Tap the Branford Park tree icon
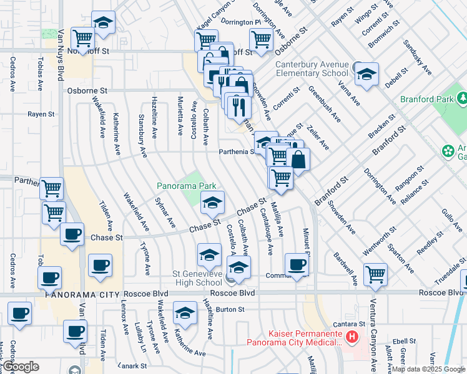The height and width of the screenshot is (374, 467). [463, 98]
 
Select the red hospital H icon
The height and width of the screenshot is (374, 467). [352, 338]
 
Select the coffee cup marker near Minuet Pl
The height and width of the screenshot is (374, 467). [297, 264]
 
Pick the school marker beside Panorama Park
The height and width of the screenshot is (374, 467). [212, 201]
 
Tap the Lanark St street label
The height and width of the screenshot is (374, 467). [134, 365]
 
